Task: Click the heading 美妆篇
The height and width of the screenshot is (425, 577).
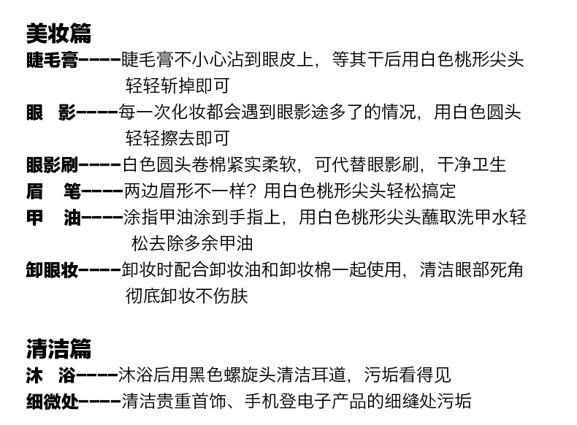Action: (x=58, y=33)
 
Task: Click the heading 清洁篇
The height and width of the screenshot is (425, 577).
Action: (x=58, y=348)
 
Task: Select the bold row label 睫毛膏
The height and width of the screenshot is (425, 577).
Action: (x=52, y=60)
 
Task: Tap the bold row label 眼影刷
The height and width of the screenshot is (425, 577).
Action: (x=52, y=165)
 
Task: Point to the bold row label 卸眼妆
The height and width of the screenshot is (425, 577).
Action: (x=52, y=270)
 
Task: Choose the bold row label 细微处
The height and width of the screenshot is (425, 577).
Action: (x=52, y=401)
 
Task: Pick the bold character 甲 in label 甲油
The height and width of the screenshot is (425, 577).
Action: (x=35, y=218)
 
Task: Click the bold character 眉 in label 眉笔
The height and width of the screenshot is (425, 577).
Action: (x=35, y=191)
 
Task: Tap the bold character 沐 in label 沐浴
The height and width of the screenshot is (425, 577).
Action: (x=35, y=375)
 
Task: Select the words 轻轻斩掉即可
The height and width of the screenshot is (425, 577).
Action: (x=177, y=86)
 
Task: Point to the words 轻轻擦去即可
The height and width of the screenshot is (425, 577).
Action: (x=177, y=139)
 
